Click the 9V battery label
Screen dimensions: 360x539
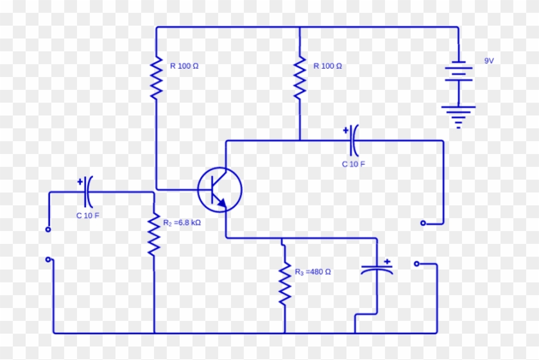click(489, 60)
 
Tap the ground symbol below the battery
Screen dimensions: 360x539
click(458, 117)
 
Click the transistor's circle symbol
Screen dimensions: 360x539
click(219, 189)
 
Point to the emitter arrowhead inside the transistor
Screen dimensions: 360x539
click(221, 203)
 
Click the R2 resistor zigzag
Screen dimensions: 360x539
click(153, 235)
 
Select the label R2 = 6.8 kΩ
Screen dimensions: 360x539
click(182, 223)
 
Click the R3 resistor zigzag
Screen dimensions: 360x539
click(284, 284)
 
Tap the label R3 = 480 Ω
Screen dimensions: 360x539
click(313, 271)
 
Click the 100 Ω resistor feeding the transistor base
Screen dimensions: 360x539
click(155, 77)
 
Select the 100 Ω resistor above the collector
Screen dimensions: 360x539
click(299, 77)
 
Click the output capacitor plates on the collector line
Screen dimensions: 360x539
click(353, 141)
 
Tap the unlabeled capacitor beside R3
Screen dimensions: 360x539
click(377, 271)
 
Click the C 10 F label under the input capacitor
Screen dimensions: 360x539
click(88, 216)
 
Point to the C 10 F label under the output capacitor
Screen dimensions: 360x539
click(353, 164)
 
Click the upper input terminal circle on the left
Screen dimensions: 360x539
click(48, 229)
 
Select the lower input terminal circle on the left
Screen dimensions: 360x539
click(48, 260)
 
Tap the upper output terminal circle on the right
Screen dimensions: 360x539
click(423, 223)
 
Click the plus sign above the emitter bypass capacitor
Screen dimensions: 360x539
click(387, 261)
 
